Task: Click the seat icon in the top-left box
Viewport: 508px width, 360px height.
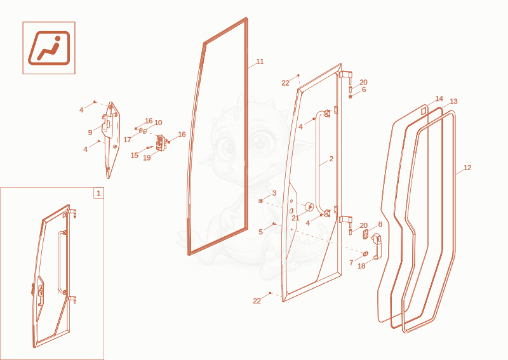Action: (x=49, y=48)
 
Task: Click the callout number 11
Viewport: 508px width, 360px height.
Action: (x=260, y=62)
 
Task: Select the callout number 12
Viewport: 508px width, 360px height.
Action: (x=467, y=168)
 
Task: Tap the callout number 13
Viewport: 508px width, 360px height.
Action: (x=453, y=102)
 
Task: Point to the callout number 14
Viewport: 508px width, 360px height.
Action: (x=439, y=98)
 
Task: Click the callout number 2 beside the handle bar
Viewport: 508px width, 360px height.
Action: (x=331, y=159)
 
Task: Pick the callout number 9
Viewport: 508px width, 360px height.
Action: (x=90, y=133)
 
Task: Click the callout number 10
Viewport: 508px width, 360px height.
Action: (x=158, y=123)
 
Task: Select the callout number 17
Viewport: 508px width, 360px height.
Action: (x=128, y=140)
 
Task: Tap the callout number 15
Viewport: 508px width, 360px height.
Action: (x=135, y=156)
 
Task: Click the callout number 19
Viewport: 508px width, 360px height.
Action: (x=147, y=158)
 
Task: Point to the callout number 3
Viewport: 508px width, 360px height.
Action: (x=274, y=193)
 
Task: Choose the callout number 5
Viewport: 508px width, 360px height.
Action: (x=260, y=232)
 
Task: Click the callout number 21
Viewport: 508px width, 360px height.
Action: (x=295, y=218)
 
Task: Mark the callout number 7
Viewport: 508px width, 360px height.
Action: (x=351, y=263)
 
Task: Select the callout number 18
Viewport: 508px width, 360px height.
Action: (x=361, y=266)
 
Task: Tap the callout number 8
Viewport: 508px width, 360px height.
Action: (x=380, y=224)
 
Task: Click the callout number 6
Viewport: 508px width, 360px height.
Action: (x=364, y=90)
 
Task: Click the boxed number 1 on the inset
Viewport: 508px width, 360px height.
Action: (x=99, y=194)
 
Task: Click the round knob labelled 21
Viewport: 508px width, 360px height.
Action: (x=309, y=207)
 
